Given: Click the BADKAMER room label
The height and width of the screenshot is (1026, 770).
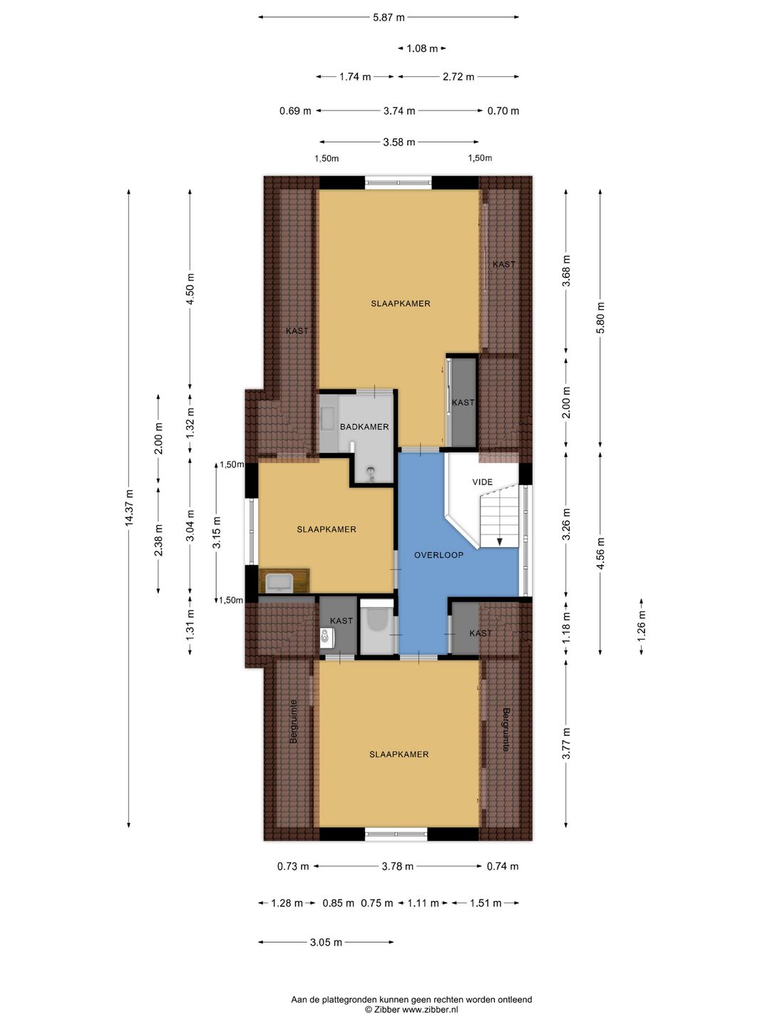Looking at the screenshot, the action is pyautogui.click(x=364, y=427).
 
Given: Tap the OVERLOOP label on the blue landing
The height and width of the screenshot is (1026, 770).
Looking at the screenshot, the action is pyautogui.click(x=438, y=555).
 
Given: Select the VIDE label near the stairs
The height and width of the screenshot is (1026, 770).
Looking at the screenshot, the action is pyautogui.click(x=482, y=482).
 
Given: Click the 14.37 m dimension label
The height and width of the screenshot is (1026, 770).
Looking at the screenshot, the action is pyautogui.click(x=129, y=507).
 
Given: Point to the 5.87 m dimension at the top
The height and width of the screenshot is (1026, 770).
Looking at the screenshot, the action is pyautogui.click(x=389, y=17).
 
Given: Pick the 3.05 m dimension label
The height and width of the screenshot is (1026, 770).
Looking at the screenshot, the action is pyautogui.click(x=326, y=942).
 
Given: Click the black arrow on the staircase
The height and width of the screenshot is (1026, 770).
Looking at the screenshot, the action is pyautogui.click(x=500, y=541).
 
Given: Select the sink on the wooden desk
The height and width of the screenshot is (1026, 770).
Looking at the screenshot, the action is pyautogui.click(x=279, y=583).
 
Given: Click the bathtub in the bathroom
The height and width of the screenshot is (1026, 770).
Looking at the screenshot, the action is pyautogui.click(x=328, y=418).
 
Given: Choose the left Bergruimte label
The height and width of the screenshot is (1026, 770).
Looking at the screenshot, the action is pyautogui.click(x=293, y=727).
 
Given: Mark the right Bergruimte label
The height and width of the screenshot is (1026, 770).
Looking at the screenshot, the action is pyautogui.click(x=506, y=730).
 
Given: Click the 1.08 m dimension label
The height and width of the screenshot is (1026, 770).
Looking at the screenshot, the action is pyautogui.click(x=422, y=48).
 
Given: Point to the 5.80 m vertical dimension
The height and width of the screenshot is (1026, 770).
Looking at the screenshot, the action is pyautogui.click(x=601, y=317).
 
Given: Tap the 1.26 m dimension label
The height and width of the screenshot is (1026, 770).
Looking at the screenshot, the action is pyautogui.click(x=642, y=626).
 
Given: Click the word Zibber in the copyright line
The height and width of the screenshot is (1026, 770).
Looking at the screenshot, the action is pyautogui.click(x=386, y=1010).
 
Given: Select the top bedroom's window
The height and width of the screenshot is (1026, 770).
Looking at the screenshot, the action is pyautogui.click(x=398, y=182).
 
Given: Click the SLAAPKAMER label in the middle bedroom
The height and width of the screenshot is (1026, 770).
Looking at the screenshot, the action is pyautogui.click(x=327, y=529).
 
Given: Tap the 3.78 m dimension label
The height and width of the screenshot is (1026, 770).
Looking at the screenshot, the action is pyautogui.click(x=397, y=866).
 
